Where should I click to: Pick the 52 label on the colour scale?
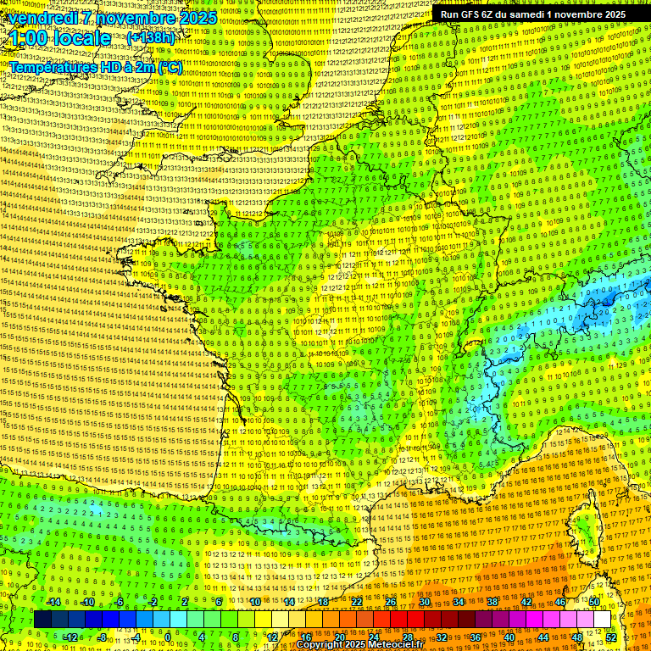(x=610, y=637)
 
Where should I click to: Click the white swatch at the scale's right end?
(x=602, y=620)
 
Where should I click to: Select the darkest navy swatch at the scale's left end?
(x=42, y=620)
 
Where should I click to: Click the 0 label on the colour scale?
(x=168, y=637)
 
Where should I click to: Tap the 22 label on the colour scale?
(x=358, y=602)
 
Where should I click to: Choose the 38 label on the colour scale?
(x=492, y=602)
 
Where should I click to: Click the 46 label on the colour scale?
(x=559, y=602)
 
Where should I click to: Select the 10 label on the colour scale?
(x=254, y=602)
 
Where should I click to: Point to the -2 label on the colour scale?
(x=153, y=602)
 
